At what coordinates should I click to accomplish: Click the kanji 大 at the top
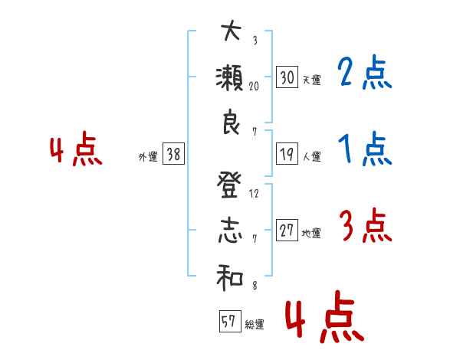coord(230,33)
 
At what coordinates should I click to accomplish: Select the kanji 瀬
coord(231,80)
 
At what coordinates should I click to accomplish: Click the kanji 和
coord(230,279)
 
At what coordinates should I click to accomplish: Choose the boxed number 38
coord(173,155)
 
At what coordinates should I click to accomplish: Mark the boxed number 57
coord(228,321)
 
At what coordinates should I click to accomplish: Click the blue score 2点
coord(364,74)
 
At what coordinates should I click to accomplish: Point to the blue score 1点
coord(364,150)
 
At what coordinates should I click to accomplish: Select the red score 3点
coord(364,226)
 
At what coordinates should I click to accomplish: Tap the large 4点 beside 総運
coord(323,319)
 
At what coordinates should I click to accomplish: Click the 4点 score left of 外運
coord(76,151)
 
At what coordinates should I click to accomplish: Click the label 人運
coord(312,157)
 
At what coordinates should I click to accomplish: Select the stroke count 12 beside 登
coord(255,194)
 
